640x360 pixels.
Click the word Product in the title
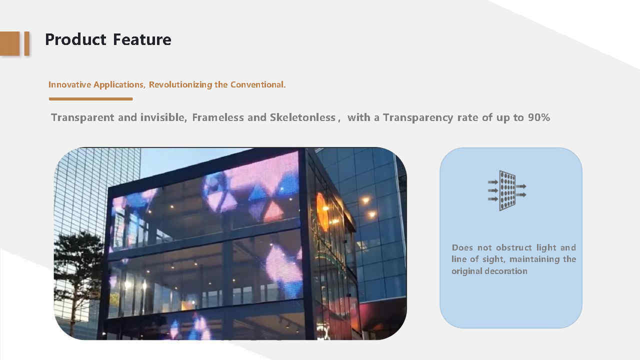coord(75,39)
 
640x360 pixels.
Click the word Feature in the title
coord(142,39)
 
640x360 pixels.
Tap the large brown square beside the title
coord(9,43)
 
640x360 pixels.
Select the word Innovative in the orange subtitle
coord(69,84)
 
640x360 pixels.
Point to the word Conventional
coord(258,84)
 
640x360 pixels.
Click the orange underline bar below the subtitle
coord(91,99)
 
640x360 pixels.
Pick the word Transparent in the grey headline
coord(82,117)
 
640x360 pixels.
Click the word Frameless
coord(217,117)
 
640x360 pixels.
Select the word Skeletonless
coord(302,117)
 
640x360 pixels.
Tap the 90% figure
coord(539,117)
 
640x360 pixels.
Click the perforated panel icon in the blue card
coord(507,190)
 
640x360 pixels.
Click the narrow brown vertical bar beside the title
coord(26,43)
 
